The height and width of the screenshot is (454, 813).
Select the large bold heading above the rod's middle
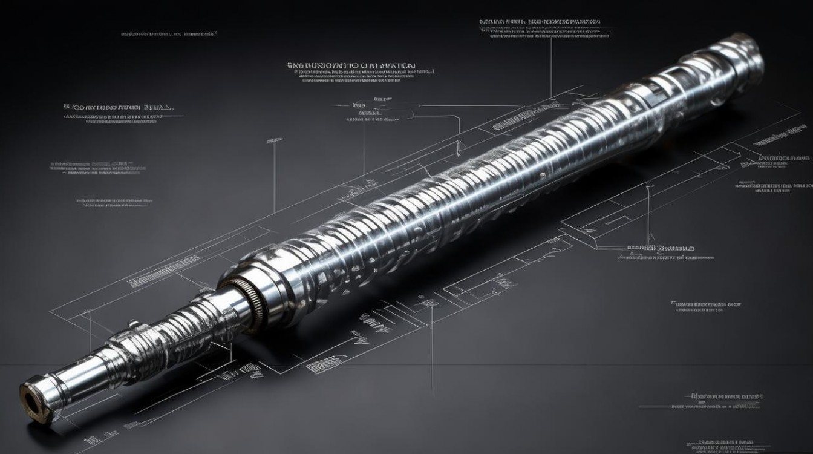[x=351, y=64]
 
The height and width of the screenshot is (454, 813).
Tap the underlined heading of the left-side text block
[x=119, y=107]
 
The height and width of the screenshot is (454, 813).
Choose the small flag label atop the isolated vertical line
[x=274, y=140]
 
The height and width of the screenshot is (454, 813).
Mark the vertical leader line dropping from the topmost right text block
[x=551, y=67]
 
